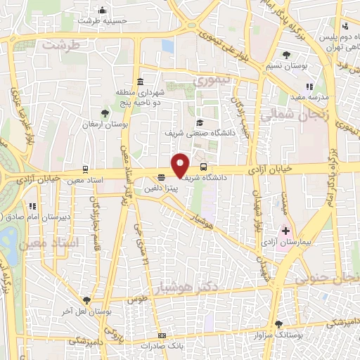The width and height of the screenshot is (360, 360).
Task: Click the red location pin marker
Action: click(181, 165)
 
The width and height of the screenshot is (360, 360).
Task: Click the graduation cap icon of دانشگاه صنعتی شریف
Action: click(200, 122)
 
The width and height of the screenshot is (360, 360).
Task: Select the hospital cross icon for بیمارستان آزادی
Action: click(286, 231)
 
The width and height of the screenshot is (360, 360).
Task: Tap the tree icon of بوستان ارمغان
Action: click(105, 112)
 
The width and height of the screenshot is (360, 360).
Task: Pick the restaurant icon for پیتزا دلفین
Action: click(162, 177)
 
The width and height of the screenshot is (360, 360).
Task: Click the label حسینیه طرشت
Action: click(102, 21)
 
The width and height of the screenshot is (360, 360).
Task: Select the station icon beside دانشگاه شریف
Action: click(204, 167)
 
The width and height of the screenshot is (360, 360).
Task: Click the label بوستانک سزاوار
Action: click(295, 336)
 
